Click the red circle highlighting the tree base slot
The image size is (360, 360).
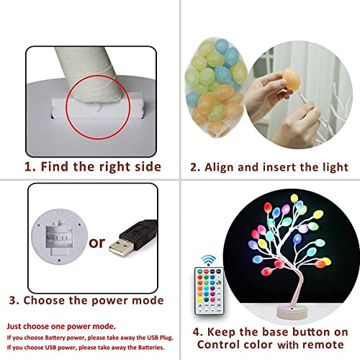(98, 76)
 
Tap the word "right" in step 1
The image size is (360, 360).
(115, 167)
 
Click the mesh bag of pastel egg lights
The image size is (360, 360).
(215, 88)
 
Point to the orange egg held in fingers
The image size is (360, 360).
(292, 79)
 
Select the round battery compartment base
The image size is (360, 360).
(59, 237)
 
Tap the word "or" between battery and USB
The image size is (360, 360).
(96, 243)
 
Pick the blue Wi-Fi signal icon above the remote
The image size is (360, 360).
(208, 261)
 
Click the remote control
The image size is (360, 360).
(209, 291)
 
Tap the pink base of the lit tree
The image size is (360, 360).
(292, 311)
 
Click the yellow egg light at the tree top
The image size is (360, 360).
(294, 198)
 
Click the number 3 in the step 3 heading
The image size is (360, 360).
(12, 300)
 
